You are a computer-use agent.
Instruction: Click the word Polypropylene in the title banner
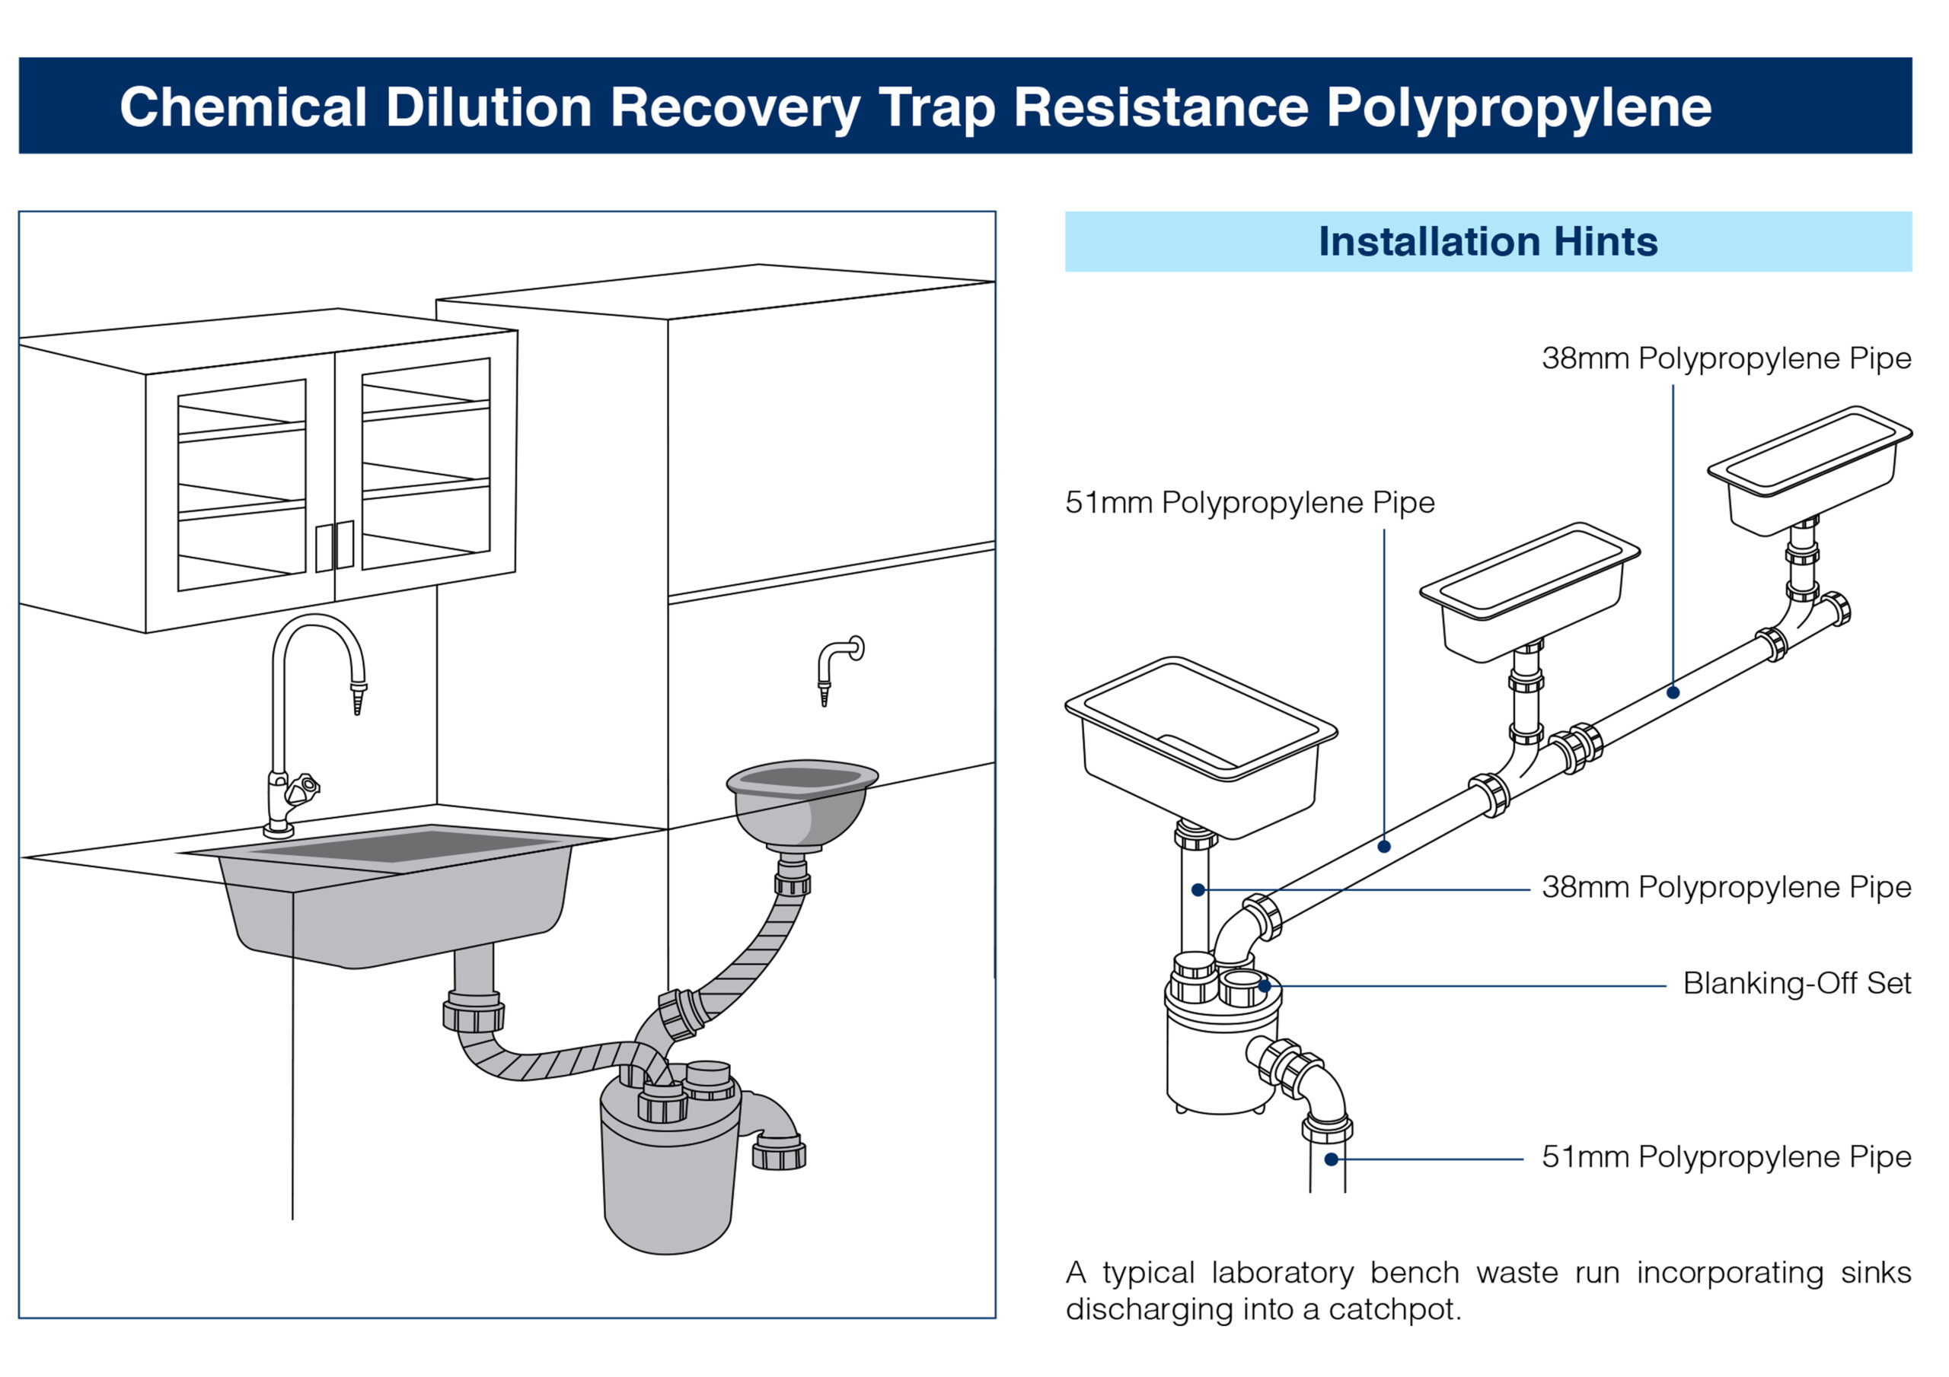tap(1519, 108)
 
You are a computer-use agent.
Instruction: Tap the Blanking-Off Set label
tap(1796, 984)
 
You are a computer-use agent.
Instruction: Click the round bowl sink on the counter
tap(802, 802)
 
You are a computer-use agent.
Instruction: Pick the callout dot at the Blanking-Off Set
tap(1265, 986)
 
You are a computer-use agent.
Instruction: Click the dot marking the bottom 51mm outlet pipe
tap(1331, 1159)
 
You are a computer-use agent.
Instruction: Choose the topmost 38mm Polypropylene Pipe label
tap(1726, 359)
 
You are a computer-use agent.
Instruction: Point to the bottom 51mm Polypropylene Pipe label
tap(1726, 1157)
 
